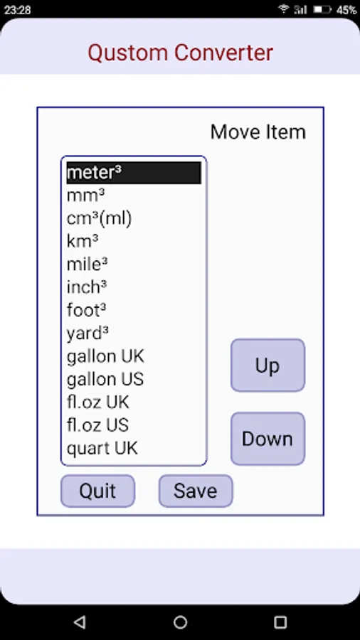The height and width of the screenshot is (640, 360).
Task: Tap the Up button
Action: [x=268, y=366]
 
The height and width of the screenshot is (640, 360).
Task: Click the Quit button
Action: [x=97, y=491]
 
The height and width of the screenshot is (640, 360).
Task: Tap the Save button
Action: [x=196, y=491]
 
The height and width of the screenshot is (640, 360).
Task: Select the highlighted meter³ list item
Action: [x=134, y=173]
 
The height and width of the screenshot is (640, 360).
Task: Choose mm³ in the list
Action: [x=85, y=196]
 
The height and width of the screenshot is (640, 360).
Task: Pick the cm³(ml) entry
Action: [x=99, y=219]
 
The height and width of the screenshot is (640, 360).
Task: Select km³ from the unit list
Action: [x=83, y=242]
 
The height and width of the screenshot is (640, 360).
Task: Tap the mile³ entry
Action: [x=88, y=265]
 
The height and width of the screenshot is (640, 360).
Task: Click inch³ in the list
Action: [x=87, y=287]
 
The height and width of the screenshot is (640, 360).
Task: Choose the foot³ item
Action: [x=87, y=310]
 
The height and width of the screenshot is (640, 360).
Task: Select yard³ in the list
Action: [x=88, y=334]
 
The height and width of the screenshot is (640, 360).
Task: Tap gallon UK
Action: [x=105, y=357]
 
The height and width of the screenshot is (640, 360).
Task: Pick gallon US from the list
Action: [x=105, y=380]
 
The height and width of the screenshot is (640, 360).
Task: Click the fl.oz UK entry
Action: [x=98, y=402]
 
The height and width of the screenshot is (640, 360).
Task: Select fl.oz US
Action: [x=98, y=425]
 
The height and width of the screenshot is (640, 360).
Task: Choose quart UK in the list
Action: [x=102, y=449]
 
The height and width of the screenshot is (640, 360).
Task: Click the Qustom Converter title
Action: [x=181, y=53]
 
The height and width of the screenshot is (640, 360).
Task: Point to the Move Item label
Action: [x=258, y=132]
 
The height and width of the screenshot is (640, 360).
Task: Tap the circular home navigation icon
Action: [x=180, y=622]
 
